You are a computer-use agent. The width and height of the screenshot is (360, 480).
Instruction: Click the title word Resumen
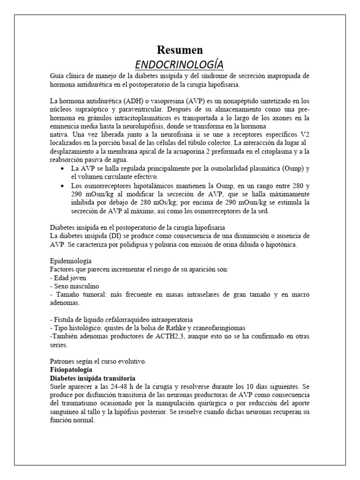coord(180,50)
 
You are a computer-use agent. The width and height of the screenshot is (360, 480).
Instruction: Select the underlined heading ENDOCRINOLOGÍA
coord(180,64)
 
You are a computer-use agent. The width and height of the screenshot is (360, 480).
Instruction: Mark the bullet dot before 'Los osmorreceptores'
coord(63,186)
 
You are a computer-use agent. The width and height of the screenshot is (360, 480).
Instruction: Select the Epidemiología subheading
coord(71,261)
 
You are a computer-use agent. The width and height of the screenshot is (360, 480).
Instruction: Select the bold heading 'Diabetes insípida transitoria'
coord(93,378)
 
